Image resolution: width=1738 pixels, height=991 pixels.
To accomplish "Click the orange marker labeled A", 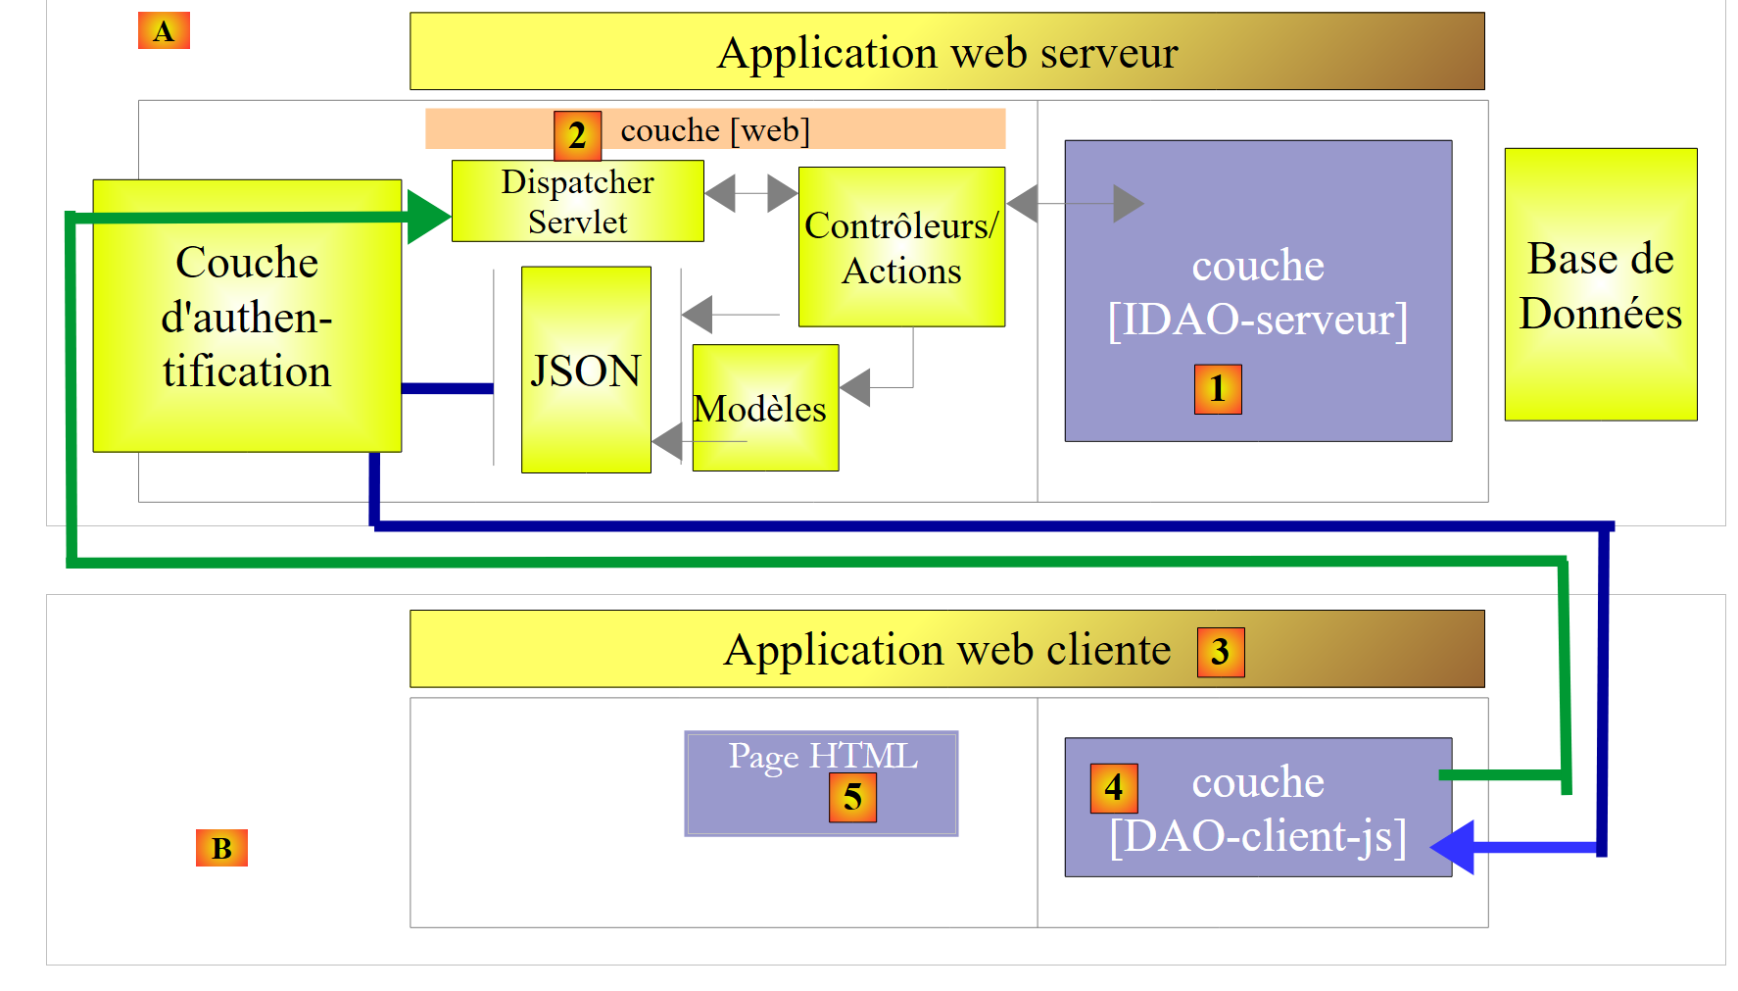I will [164, 31].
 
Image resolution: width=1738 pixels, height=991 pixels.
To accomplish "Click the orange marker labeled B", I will [221, 848].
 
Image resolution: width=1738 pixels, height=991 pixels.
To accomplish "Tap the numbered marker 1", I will [1218, 389].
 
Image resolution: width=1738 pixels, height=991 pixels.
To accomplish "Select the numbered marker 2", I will [577, 135].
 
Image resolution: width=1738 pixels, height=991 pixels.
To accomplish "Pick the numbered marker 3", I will [1221, 652].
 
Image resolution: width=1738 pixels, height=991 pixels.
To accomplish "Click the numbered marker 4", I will [1114, 788].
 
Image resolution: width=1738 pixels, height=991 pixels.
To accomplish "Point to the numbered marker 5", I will [852, 797].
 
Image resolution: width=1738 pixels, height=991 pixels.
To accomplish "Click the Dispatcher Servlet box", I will [577, 202].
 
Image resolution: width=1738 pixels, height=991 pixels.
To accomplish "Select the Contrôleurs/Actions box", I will [901, 247].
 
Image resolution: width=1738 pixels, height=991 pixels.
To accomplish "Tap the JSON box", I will [586, 371].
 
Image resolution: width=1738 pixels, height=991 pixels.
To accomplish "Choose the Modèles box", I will [765, 408].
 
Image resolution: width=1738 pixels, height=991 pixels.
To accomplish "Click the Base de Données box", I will [1600, 285].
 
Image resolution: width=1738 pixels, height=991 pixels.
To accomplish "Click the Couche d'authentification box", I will [247, 316].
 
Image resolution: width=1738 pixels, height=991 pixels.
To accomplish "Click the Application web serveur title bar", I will [946, 52].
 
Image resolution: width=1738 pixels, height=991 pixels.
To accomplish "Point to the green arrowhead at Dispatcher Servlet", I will [428, 216].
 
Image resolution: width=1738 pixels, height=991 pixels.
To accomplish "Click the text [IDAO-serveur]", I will [1257, 320].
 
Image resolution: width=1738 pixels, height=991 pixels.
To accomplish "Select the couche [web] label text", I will [715, 130].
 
